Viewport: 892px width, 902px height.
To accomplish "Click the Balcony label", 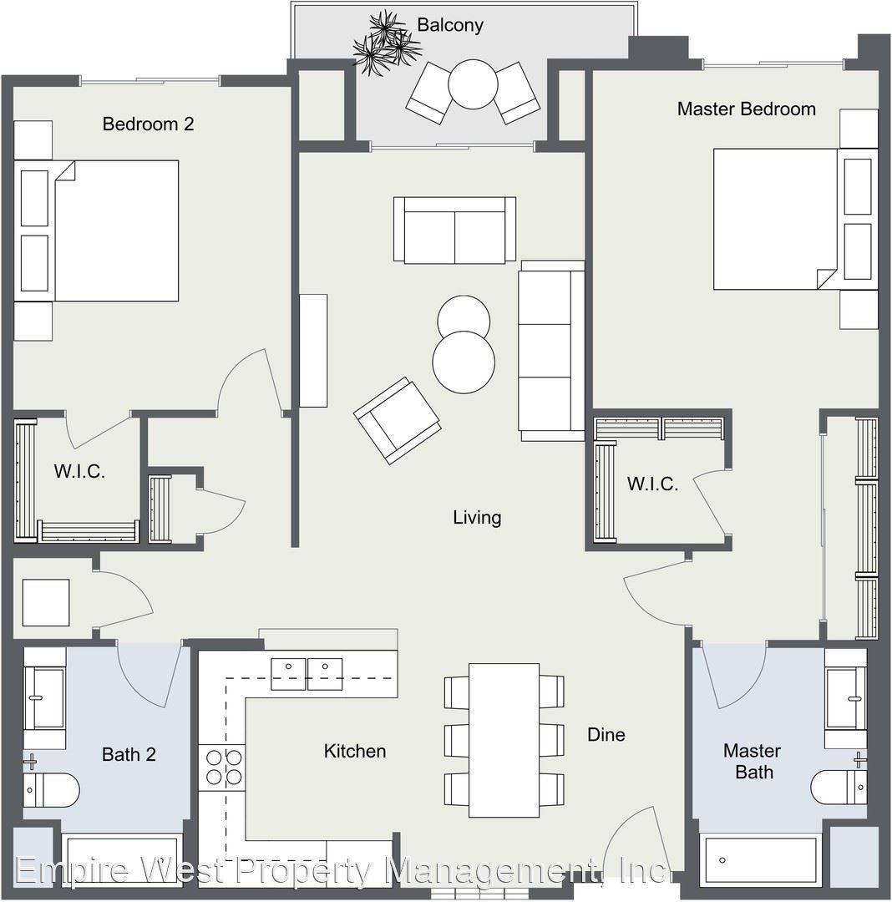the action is click(x=449, y=25).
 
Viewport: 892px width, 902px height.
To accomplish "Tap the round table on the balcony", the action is click(x=472, y=84).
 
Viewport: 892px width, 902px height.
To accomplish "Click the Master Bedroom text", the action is click(x=746, y=109).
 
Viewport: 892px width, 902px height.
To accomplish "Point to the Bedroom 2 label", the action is click(x=148, y=124).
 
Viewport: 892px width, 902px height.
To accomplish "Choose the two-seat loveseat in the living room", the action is click(x=454, y=231).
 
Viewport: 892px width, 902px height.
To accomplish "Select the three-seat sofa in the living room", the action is click(x=551, y=351).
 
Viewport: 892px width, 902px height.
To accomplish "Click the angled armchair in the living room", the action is click(x=397, y=420).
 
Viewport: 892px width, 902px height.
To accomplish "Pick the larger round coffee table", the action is click(x=464, y=362).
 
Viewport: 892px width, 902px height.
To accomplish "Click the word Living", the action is click(x=477, y=518).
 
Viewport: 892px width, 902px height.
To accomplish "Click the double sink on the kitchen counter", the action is click(x=307, y=674).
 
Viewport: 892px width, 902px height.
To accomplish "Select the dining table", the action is click(x=504, y=740).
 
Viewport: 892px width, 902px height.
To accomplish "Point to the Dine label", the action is click(x=606, y=735).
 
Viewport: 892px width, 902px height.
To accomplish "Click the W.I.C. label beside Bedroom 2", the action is click(x=79, y=472).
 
